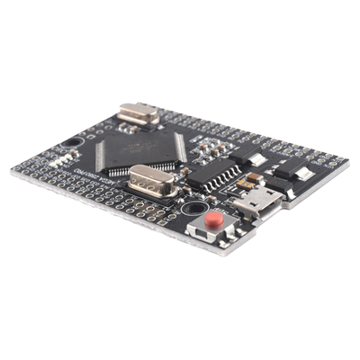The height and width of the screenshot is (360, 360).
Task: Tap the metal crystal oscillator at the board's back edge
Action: tap(139, 113)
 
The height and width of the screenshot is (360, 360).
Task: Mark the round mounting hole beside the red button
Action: tap(193, 208)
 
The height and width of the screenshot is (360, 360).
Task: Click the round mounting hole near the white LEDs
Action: tap(72, 143)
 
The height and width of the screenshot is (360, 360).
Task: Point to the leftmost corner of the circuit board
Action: tap(12, 170)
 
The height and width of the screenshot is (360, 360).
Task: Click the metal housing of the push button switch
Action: tap(213, 226)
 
